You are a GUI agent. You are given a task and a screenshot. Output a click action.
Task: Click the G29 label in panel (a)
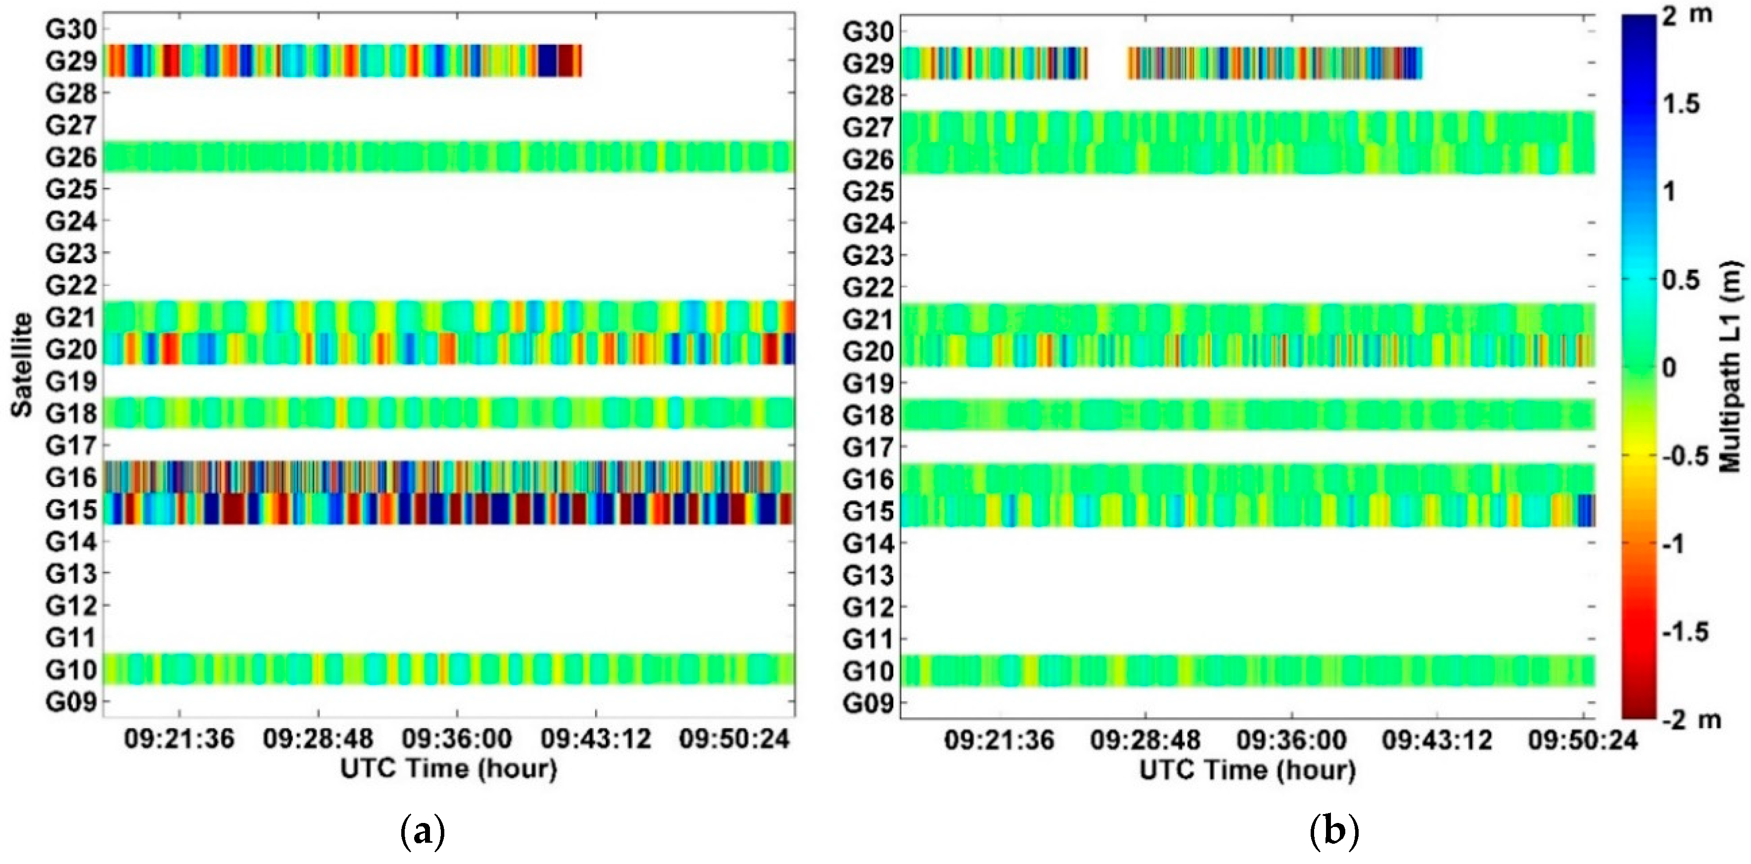(71, 61)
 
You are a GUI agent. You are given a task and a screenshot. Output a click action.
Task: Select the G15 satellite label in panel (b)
(867, 511)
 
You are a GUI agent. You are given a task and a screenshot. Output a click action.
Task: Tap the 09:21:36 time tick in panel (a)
(179, 739)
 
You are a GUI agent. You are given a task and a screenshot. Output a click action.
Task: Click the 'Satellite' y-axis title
(22, 364)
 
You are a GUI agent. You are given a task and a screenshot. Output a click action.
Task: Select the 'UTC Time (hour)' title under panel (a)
(449, 769)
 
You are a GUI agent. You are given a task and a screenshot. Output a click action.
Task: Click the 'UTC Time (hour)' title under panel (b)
(1247, 770)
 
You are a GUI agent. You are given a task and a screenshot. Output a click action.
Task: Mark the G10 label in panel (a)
(71, 670)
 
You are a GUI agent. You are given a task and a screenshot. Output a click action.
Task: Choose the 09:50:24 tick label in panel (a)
(734, 739)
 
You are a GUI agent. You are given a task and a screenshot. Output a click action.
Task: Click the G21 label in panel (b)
(867, 319)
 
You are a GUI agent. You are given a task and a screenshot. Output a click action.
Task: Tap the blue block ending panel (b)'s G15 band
(1586, 511)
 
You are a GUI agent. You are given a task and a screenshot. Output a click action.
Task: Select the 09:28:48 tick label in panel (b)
(1145, 740)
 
